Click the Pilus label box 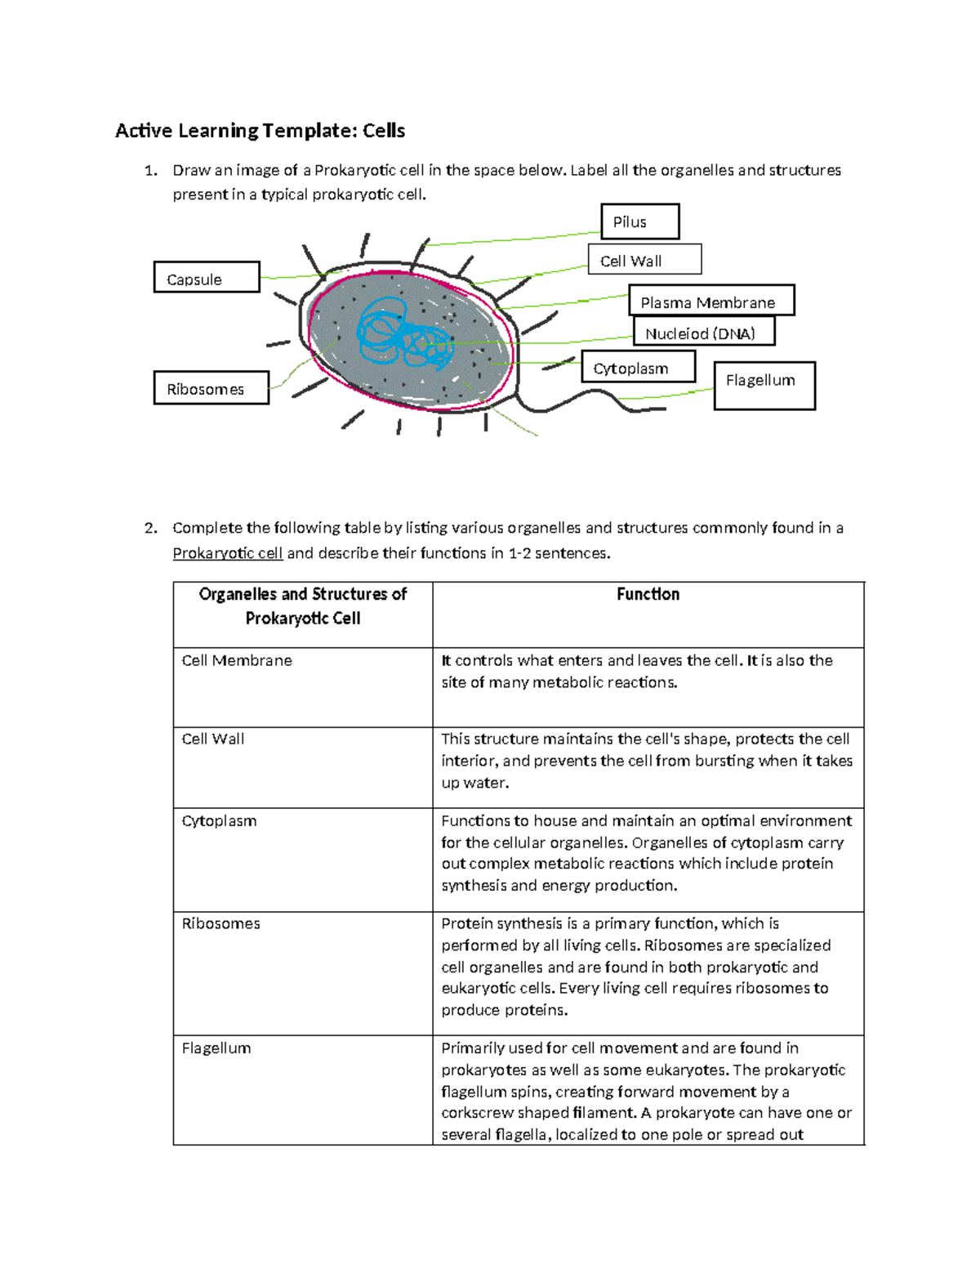pyautogui.click(x=639, y=221)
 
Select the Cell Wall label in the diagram pyautogui.click(x=644, y=260)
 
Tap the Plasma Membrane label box pyautogui.click(x=710, y=301)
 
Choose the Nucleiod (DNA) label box pyautogui.click(x=703, y=332)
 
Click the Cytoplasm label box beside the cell pyautogui.click(x=638, y=367)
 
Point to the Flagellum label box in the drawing pyautogui.click(x=764, y=385)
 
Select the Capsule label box pyautogui.click(x=206, y=278)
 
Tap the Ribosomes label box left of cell pyautogui.click(x=211, y=388)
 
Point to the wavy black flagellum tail pyautogui.click(x=588, y=399)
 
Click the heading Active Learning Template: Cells pyautogui.click(x=260, y=131)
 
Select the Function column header pyautogui.click(x=648, y=594)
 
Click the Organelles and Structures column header pyautogui.click(x=302, y=605)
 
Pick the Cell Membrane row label pyautogui.click(x=237, y=660)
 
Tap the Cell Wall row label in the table pyautogui.click(x=212, y=739)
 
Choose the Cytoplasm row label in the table pyautogui.click(x=219, y=820)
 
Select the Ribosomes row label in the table pyautogui.click(x=220, y=923)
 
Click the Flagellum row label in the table pyautogui.click(x=216, y=1048)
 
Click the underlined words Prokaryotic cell pyautogui.click(x=227, y=553)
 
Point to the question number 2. pyautogui.click(x=149, y=528)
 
